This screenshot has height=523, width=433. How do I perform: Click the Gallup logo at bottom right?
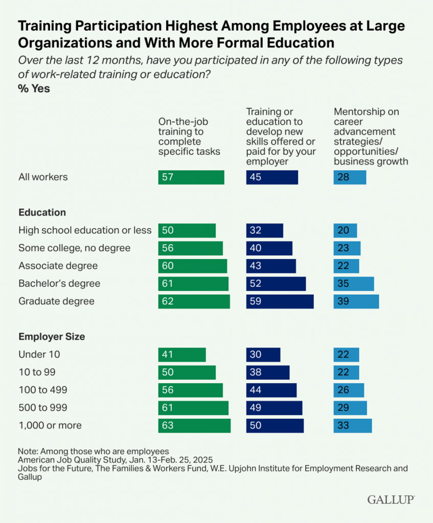(391, 500)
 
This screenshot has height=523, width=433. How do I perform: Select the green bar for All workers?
(191, 177)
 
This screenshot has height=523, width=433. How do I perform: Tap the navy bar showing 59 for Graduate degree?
(280, 301)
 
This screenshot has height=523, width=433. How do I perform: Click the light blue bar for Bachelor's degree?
(353, 283)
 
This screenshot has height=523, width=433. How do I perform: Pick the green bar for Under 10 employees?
(182, 354)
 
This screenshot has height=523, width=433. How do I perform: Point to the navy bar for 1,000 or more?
(275, 425)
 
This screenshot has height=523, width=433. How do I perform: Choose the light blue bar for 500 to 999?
(350, 408)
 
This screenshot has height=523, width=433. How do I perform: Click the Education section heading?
(42, 212)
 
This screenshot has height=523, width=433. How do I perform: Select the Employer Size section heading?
(52, 337)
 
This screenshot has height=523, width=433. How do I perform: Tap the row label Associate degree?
(58, 266)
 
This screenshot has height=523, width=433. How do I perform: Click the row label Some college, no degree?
(75, 248)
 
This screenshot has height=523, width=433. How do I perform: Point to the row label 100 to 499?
(43, 390)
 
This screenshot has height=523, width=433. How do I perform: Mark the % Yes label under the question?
(34, 88)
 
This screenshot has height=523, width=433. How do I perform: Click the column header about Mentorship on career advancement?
(371, 136)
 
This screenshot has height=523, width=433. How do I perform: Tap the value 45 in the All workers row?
(256, 177)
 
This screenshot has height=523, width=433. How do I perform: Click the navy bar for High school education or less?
(264, 230)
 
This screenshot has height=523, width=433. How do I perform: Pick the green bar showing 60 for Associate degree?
(192, 266)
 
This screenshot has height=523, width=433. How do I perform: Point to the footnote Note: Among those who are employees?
(94, 451)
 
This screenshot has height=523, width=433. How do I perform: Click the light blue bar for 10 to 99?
(346, 372)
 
